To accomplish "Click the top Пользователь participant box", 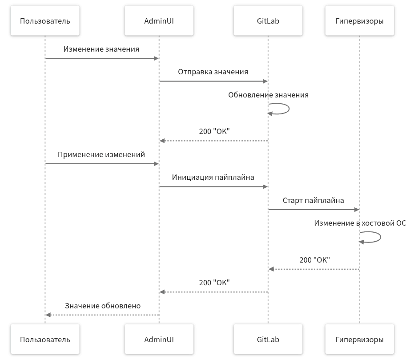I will pos(45,21).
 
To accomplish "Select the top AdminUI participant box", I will pos(159,21).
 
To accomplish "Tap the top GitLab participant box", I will pos(268,21).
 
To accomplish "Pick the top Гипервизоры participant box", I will pos(360,21).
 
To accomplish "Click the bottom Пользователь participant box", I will pos(45,340).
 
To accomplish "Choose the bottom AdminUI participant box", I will pos(159,340).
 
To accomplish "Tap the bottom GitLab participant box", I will pos(268,340).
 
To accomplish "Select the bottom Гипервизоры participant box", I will pos(360,340).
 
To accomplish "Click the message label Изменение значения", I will pos(101,49).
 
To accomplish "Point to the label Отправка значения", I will pos(213,72).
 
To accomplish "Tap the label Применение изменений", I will pos(101,155).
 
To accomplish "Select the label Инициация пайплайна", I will pos(213,177).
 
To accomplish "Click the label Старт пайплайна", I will pos(314,200).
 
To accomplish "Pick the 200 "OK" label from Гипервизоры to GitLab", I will pos(315,260).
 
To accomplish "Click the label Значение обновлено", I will pos(103,306).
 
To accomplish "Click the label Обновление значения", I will pos(268,95).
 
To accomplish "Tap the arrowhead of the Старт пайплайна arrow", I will pos(357,209).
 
